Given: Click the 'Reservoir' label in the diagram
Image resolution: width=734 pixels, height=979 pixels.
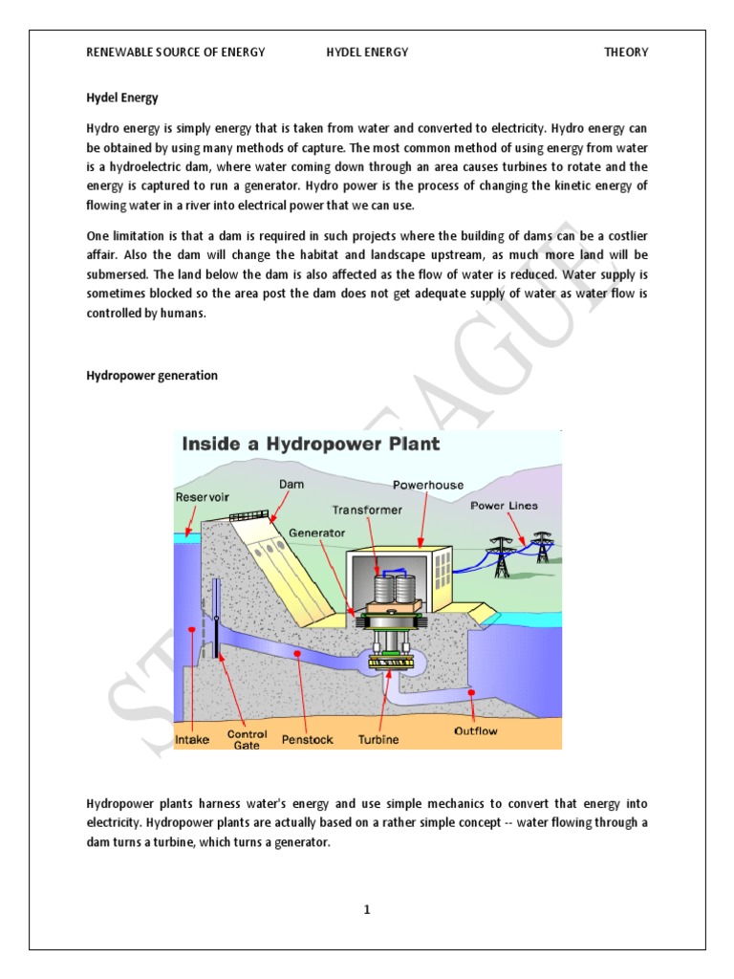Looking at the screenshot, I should [x=202, y=497].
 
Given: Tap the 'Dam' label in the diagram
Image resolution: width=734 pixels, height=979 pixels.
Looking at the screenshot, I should [x=291, y=485].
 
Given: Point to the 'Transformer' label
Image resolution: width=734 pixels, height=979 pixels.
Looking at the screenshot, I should [x=367, y=510].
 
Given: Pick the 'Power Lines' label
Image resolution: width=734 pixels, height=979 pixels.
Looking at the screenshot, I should [x=504, y=506].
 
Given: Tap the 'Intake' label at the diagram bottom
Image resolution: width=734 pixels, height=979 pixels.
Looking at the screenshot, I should [x=192, y=738].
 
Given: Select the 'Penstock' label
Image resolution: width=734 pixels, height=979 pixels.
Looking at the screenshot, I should [x=307, y=739].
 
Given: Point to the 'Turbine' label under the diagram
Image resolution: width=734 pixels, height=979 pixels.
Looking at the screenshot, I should [x=378, y=739].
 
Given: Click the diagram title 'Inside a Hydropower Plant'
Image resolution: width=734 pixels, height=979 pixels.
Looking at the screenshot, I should [x=311, y=444].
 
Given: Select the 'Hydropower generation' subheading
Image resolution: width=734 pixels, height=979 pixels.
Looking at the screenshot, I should [x=152, y=376].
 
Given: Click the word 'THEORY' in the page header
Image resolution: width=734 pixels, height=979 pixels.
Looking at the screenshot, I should [x=626, y=53].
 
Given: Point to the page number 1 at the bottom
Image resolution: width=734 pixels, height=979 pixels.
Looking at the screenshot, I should [x=366, y=909].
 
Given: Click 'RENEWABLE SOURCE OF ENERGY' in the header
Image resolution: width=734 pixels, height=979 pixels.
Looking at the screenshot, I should [x=176, y=53].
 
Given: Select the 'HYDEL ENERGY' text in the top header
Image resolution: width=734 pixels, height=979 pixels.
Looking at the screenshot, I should [x=367, y=53].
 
